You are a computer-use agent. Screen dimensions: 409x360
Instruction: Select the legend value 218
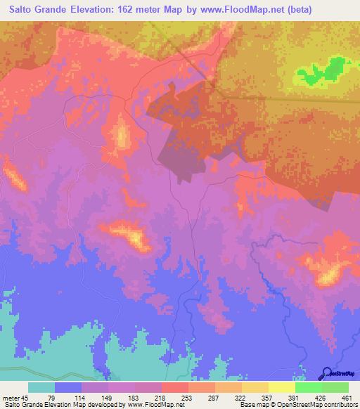[x=161, y=397]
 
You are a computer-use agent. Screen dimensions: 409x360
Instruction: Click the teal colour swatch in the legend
[x=41, y=387]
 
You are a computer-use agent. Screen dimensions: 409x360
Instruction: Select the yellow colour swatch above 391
[x=281, y=387]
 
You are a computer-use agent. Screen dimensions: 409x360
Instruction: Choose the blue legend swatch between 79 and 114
[x=68, y=387]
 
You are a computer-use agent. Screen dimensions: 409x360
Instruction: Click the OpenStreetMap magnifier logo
[x=327, y=373]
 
